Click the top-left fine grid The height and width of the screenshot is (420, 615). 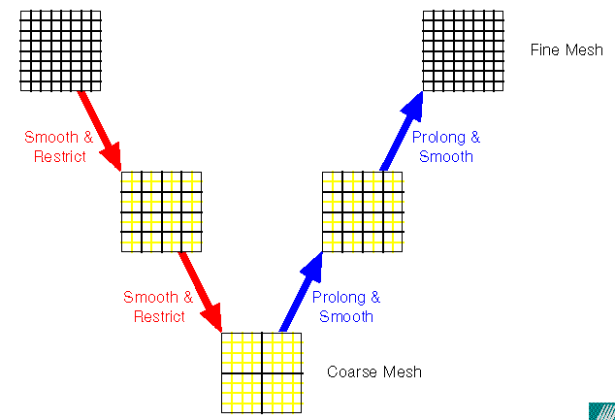pyautogui.click(x=60, y=51)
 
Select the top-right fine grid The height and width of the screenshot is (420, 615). pyautogui.click(x=463, y=50)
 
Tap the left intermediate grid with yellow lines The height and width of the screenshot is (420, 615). pyautogui.click(x=160, y=211)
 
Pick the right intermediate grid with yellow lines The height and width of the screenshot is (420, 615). pyautogui.click(x=362, y=211)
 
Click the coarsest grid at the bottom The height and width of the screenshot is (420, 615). pyautogui.click(x=261, y=372)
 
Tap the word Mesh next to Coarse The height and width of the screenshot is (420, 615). pyautogui.click(x=402, y=372)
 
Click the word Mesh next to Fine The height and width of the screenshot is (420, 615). pyautogui.click(x=583, y=49)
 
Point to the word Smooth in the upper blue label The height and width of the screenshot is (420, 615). pyautogui.click(x=445, y=156)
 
